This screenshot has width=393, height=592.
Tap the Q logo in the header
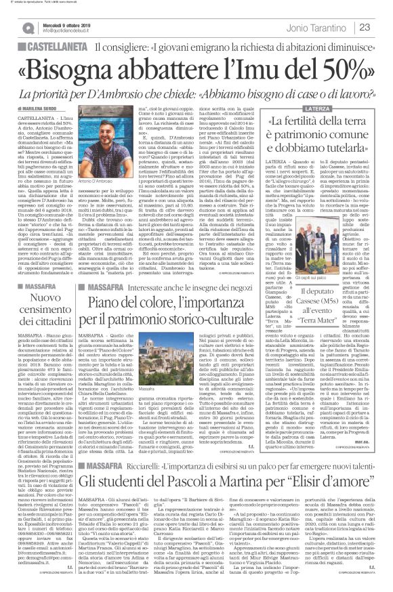pyautogui.click(x=26, y=26)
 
